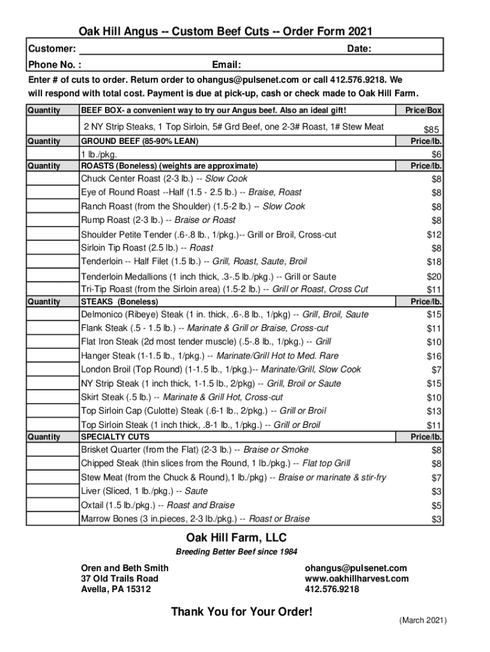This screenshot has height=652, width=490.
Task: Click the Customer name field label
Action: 53,49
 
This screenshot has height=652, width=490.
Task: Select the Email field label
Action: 227,64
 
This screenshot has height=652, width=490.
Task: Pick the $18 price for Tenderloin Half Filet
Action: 434,262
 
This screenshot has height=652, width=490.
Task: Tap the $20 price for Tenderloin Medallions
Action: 434,276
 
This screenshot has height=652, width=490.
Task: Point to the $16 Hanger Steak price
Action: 434,356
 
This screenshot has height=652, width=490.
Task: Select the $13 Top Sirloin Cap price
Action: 434,411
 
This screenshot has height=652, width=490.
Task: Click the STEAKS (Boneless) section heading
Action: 120,301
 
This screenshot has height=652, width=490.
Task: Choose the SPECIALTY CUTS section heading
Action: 115,437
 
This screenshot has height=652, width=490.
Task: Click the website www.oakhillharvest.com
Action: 357,579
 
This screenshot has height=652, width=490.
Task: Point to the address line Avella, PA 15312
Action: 116,590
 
